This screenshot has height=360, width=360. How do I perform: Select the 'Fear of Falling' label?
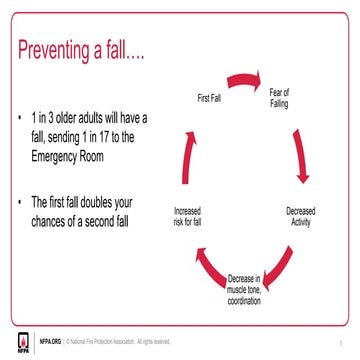click(280, 99)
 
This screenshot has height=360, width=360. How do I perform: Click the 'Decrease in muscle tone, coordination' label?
click(243, 289)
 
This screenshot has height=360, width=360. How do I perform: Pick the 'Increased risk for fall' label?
click(188, 216)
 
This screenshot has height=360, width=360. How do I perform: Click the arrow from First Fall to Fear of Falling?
click(242, 79)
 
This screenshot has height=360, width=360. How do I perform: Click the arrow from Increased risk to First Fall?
click(187, 150)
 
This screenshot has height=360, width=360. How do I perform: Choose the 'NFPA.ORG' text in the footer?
click(50, 341)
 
